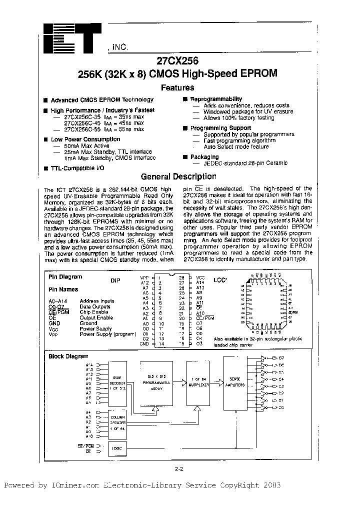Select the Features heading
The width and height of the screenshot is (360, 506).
point(177,87)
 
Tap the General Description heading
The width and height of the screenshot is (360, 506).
point(178,176)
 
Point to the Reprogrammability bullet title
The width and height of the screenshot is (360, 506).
point(216,99)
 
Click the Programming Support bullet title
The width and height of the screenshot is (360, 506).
point(220,128)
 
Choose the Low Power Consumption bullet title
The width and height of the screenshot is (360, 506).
point(85,139)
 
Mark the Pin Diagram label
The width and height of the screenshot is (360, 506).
point(65,276)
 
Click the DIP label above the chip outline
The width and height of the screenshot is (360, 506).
point(115,280)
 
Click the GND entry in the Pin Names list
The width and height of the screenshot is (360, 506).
point(54,323)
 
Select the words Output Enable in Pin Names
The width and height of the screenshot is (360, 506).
point(96,317)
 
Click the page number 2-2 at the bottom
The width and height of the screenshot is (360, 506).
point(180,469)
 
